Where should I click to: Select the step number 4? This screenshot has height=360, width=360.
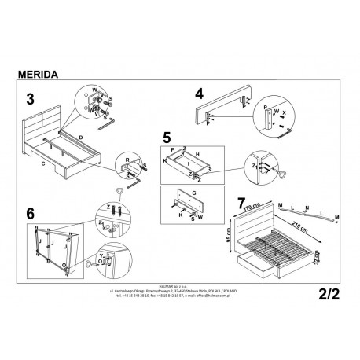[199, 94]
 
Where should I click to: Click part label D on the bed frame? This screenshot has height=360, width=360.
[81, 138]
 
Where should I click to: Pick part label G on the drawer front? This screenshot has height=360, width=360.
[192, 191]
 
